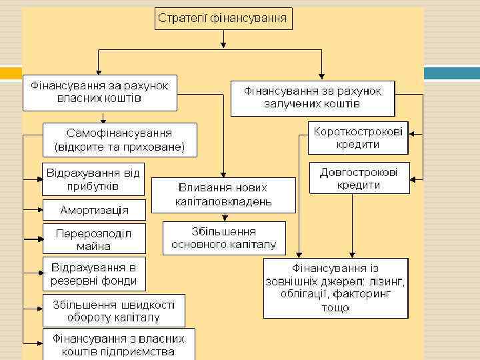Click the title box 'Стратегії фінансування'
[223, 18]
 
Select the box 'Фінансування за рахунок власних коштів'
[99, 93]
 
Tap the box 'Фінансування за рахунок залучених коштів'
[312, 97]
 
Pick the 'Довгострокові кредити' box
[358, 178]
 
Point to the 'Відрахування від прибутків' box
[93, 178]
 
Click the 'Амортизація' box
[93, 210]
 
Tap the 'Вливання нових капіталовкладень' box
[223, 194]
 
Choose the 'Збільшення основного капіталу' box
[223, 238]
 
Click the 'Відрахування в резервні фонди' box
[93, 274]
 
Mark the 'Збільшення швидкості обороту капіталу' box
[113, 311]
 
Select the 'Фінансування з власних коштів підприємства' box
[119, 345]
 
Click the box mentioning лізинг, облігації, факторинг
[335, 287]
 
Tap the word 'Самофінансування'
[119, 133]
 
